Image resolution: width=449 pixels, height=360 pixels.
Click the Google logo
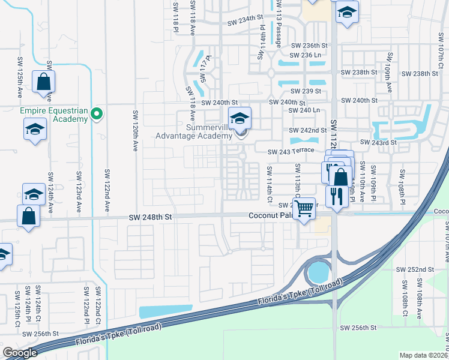pyautogui.click(x=20, y=353)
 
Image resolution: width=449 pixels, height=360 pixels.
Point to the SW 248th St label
pyautogui.click(x=151, y=220)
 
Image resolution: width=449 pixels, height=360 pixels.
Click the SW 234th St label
pyautogui.click(x=246, y=23)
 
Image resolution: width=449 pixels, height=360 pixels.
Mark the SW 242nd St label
pyautogui.click(x=307, y=130)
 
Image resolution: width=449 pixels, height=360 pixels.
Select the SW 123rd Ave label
pyautogui.click(x=79, y=191)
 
